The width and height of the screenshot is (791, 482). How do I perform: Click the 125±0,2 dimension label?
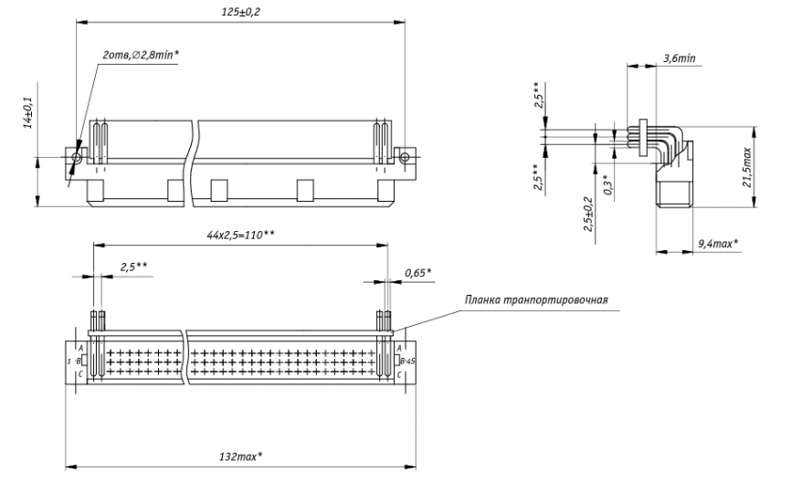point(240,12)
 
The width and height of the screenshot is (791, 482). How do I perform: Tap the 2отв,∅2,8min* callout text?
point(141,55)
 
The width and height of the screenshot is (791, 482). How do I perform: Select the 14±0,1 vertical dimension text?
point(28,113)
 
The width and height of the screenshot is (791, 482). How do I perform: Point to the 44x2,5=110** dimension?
point(240,235)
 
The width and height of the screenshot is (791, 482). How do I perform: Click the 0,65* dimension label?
point(417,273)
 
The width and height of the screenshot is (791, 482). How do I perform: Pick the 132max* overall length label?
point(240,456)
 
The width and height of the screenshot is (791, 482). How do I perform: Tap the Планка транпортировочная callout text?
point(536,300)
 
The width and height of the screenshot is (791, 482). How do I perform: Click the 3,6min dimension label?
point(680,58)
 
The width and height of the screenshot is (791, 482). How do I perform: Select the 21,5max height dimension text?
point(747,167)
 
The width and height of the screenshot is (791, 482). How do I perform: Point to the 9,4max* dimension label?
point(718,244)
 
